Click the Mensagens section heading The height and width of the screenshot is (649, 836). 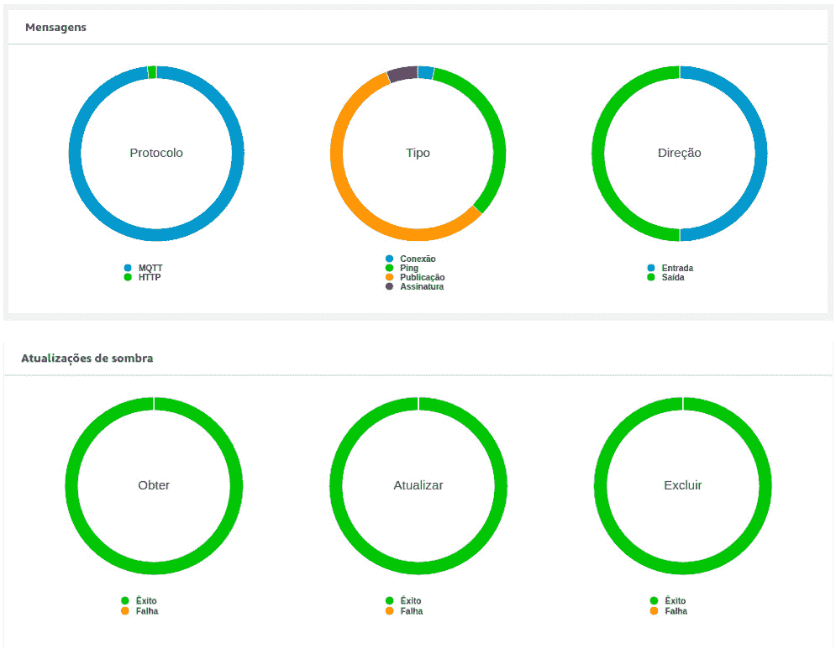tap(55, 28)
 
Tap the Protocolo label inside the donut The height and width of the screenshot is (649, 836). tap(156, 153)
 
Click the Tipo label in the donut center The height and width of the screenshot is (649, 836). tap(418, 153)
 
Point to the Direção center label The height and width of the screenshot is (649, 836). tap(679, 153)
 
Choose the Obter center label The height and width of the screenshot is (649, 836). tap(154, 485)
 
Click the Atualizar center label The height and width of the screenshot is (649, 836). tap(418, 485)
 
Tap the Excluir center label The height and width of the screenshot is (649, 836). tap(683, 485)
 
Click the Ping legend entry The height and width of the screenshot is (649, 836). tap(408, 268)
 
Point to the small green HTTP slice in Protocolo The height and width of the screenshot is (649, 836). tap(152, 72)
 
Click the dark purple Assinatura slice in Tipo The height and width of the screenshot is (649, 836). tap(402, 74)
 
